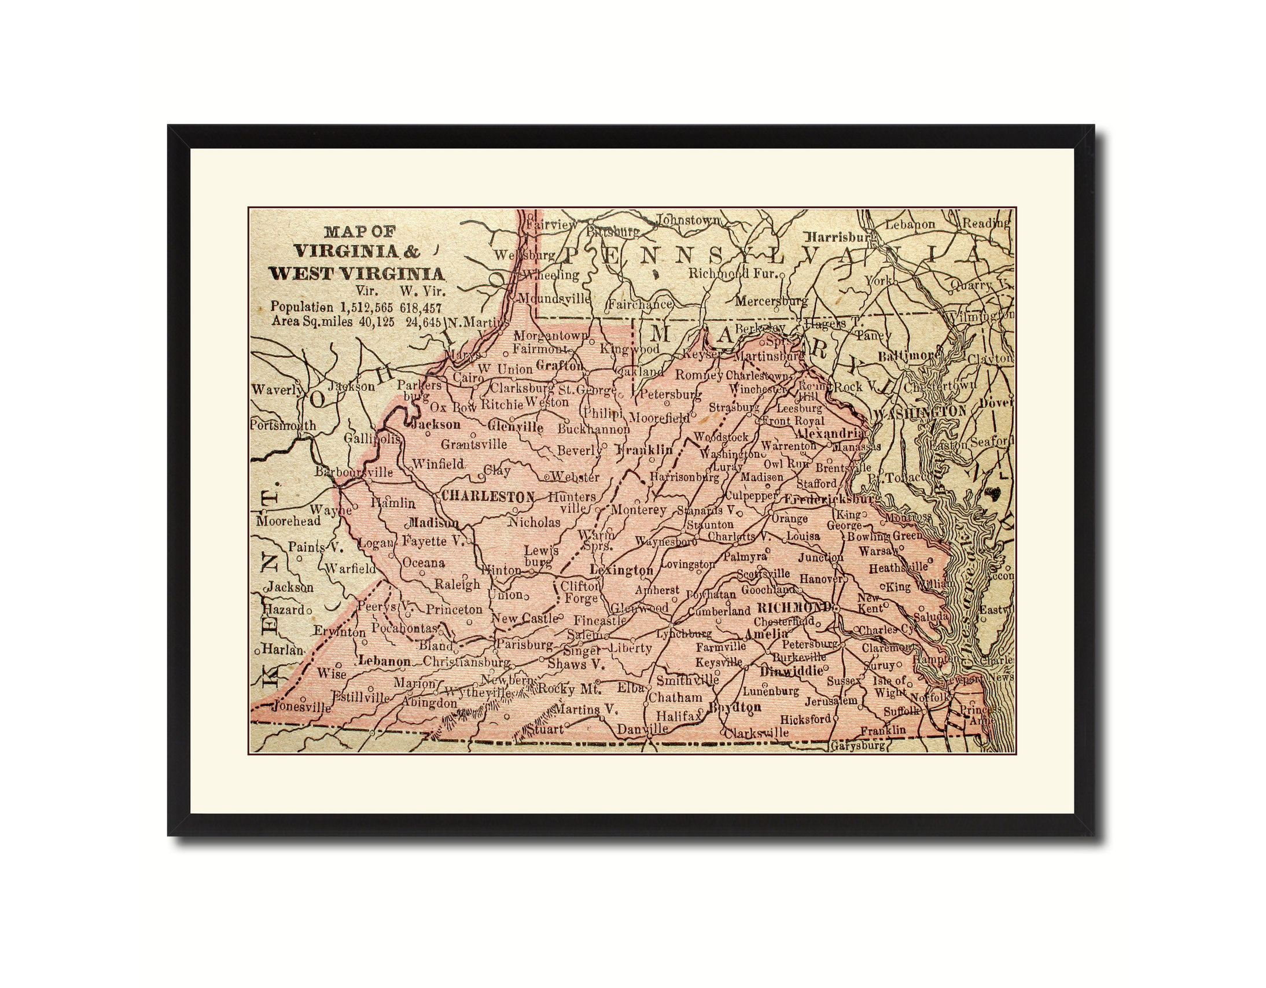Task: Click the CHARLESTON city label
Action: tap(488, 497)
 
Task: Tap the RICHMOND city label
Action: tap(794, 608)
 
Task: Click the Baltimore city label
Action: tap(908, 356)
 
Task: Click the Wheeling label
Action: tap(551, 275)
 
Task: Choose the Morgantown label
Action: tap(550, 336)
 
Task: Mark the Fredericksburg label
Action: tap(831, 499)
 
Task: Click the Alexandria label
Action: tap(830, 433)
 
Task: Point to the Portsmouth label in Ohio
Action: tap(283, 425)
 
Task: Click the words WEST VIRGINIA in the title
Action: tap(356, 274)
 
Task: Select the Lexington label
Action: tap(621, 570)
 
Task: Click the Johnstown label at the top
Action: tap(688, 220)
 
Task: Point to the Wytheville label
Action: tap(478, 693)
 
